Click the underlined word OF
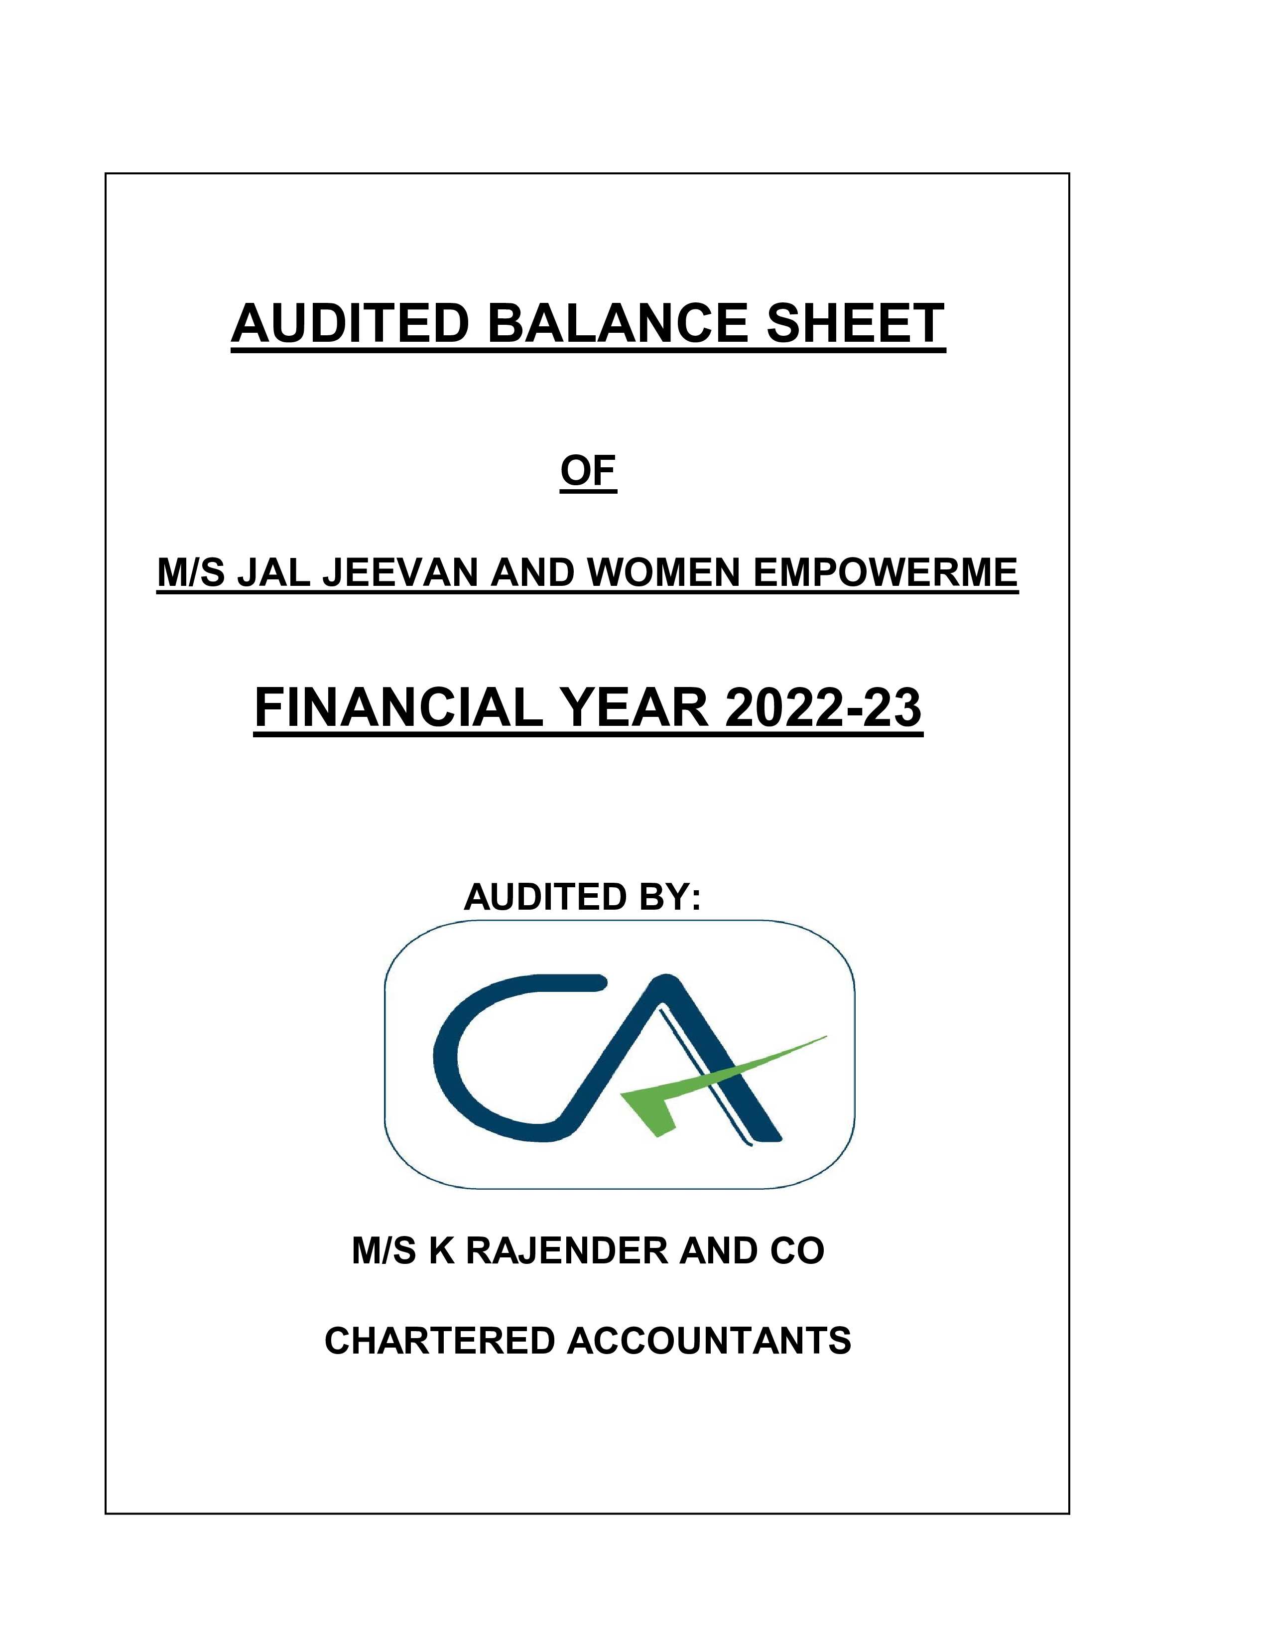[x=588, y=471]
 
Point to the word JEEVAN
[x=402, y=573]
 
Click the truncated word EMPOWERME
[x=885, y=573]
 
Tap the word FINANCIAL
[x=398, y=708]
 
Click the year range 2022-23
[x=823, y=708]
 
